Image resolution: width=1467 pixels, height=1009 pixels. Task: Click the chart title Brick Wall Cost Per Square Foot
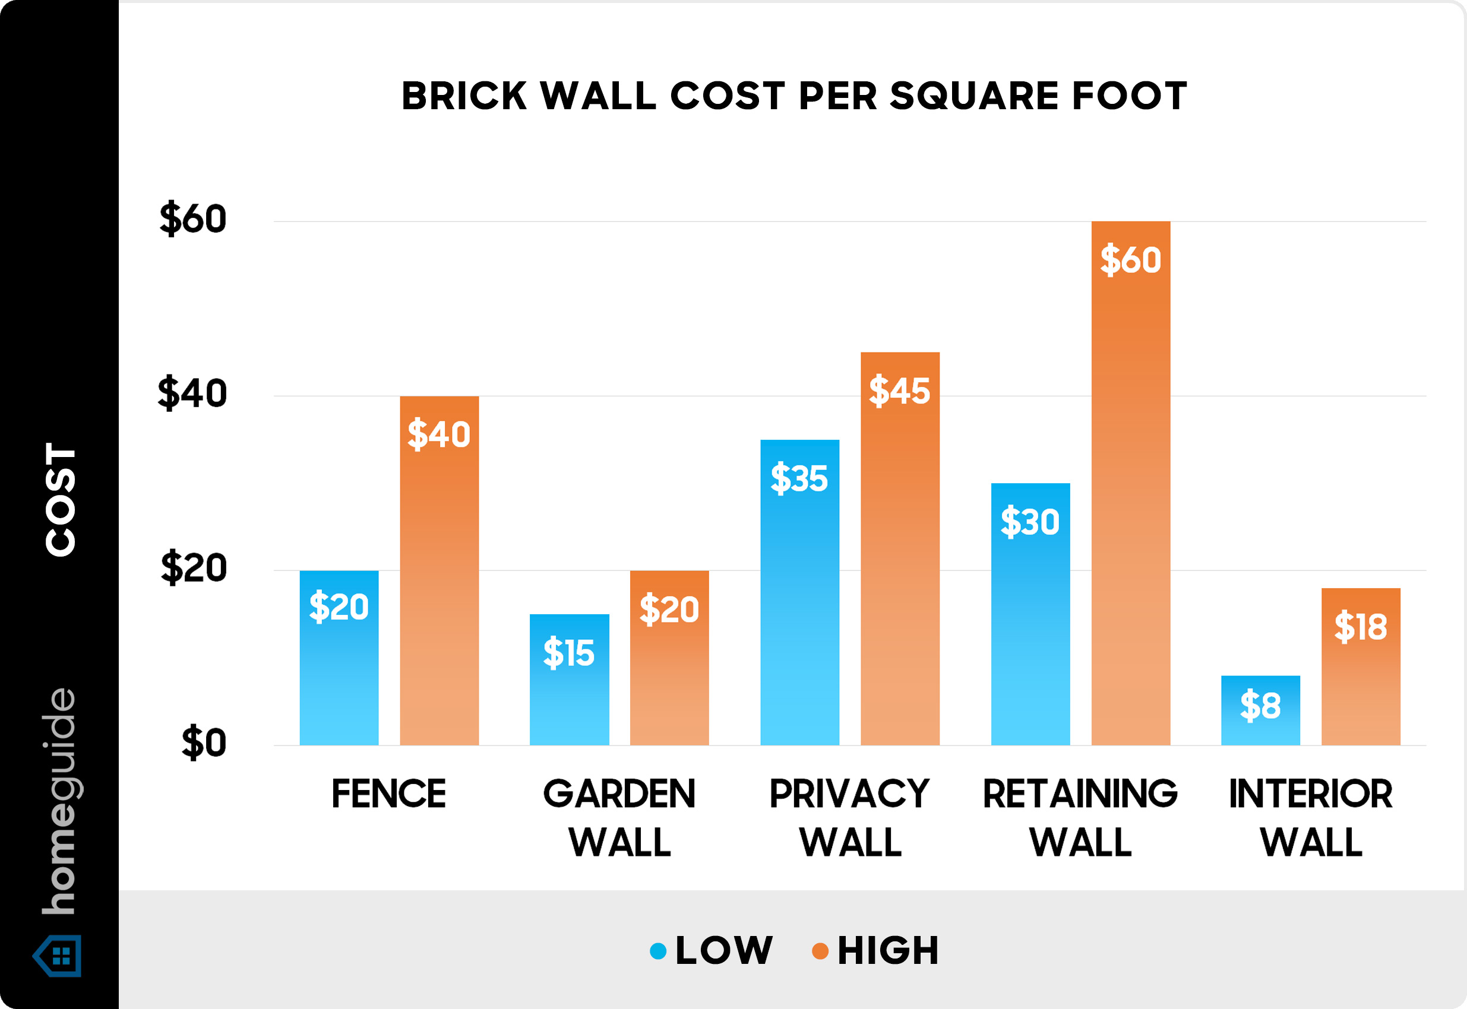point(794,96)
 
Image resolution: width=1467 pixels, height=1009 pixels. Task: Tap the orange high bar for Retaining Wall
point(1130,506)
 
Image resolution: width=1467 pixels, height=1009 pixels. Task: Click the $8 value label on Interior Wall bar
point(1260,706)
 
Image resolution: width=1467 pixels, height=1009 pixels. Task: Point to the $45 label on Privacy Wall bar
point(899,390)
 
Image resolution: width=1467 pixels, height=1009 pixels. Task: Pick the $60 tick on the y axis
point(193,219)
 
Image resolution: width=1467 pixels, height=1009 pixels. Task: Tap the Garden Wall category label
point(619,817)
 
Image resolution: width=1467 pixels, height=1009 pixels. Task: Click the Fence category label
point(388,794)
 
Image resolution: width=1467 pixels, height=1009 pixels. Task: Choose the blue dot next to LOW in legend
point(658,951)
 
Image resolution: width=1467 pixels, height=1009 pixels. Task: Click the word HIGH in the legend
point(888,951)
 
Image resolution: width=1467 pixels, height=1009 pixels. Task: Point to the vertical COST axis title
point(60,499)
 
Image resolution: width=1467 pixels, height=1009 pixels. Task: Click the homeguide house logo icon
point(58,955)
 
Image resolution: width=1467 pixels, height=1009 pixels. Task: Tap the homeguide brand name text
point(59,802)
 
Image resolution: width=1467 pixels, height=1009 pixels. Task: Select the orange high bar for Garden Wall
point(669,683)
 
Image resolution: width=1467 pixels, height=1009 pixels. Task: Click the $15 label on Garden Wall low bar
point(569,652)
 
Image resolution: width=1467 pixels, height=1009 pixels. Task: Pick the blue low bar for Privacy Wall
point(799,620)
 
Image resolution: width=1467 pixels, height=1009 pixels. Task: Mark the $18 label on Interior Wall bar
point(1360,627)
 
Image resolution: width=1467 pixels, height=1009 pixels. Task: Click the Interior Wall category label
point(1311,817)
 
